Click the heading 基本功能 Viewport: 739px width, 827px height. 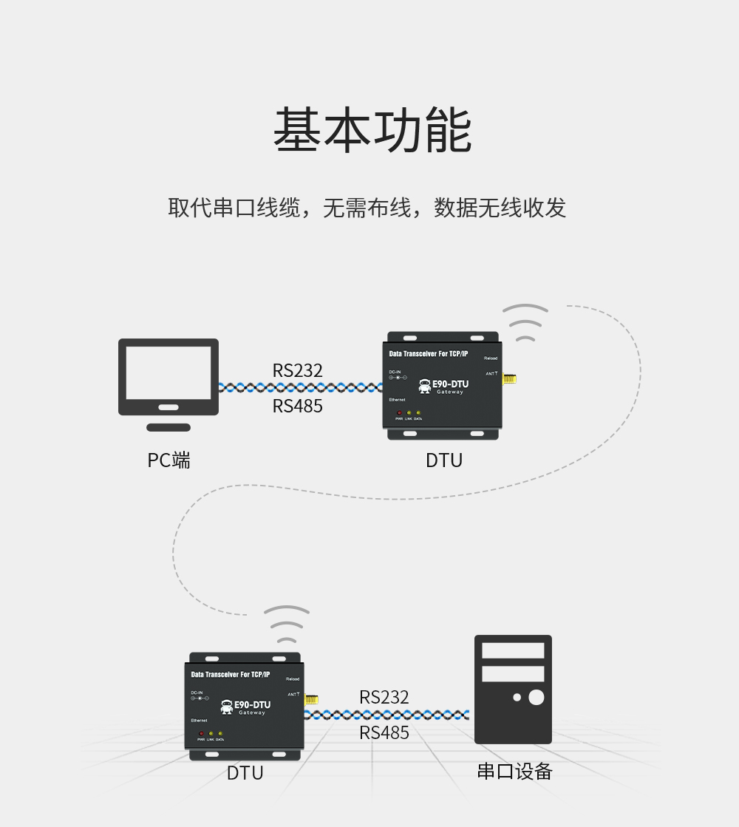[372, 131]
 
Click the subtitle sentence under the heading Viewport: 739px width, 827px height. [367, 208]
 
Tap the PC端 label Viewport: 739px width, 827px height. [168, 460]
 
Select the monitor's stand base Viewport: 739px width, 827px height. [168, 427]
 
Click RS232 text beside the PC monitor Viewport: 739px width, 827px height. [298, 370]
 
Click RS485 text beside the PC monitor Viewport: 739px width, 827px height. [298, 406]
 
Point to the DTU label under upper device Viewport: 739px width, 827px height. [444, 460]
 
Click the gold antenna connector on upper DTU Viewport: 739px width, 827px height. [509, 379]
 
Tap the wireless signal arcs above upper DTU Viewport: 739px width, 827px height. [525, 324]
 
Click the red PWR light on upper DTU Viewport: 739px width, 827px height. [399, 413]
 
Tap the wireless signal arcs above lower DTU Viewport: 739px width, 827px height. [287, 625]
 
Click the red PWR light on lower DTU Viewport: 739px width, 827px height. [200, 734]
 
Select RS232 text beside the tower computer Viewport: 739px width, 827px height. [384, 697]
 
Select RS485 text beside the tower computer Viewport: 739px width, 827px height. [384, 733]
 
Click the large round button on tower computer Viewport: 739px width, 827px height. [537, 697]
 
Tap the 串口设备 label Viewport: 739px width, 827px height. [514, 772]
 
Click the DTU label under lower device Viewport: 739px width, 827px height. [245, 773]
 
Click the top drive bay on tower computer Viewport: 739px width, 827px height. [513, 650]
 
